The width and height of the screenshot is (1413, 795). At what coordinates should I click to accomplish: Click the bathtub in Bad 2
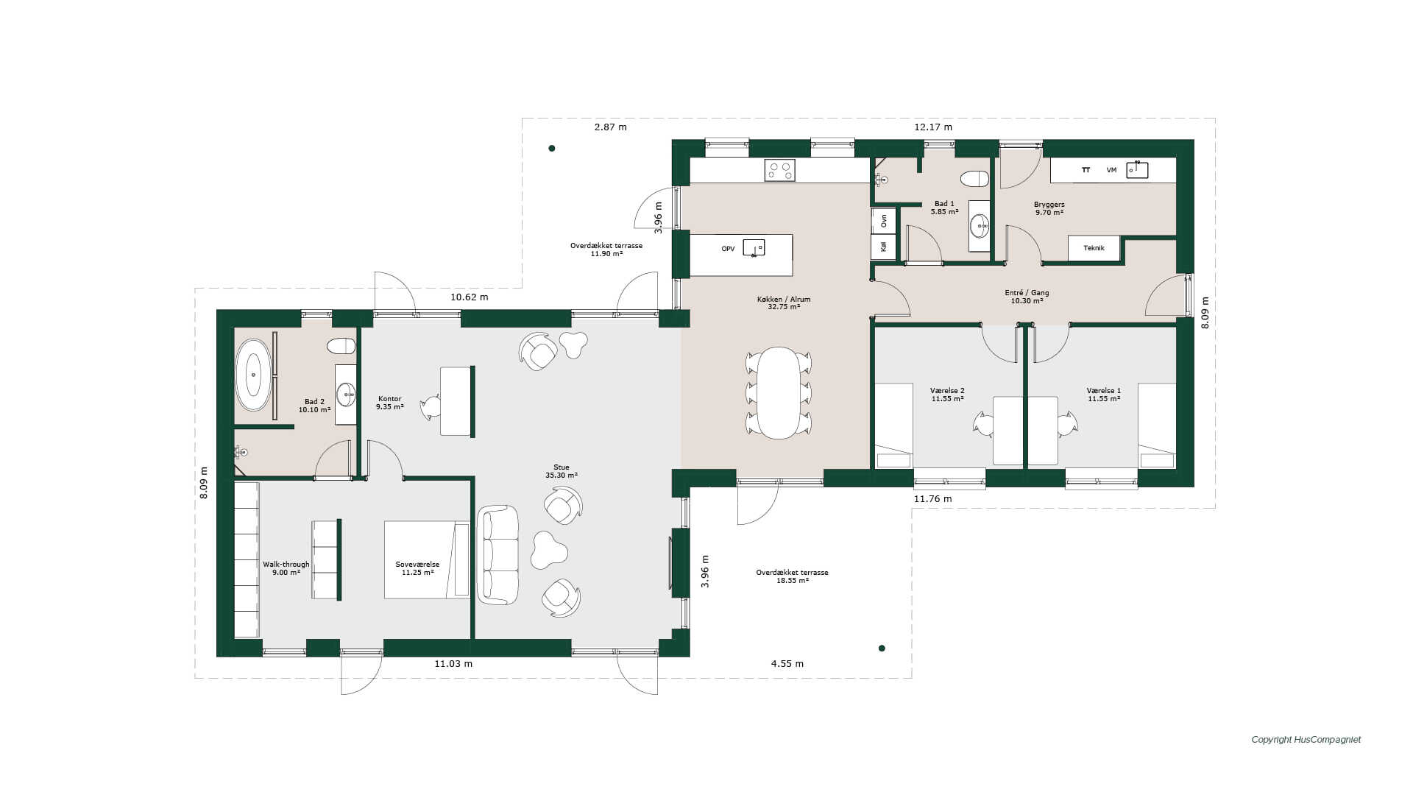(x=253, y=375)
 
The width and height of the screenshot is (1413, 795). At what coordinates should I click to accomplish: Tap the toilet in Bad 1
(x=974, y=179)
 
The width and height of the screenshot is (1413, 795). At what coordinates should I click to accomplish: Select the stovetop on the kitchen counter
(x=779, y=171)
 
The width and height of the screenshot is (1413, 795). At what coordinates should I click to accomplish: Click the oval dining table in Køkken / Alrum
(x=779, y=393)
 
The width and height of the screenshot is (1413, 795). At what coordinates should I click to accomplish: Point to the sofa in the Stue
(x=497, y=554)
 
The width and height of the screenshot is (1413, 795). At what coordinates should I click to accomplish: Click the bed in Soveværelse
(x=427, y=560)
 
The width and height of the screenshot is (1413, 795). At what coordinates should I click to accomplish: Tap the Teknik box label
(x=1094, y=248)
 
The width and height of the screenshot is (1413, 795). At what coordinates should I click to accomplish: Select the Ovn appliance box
(x=884, y=220)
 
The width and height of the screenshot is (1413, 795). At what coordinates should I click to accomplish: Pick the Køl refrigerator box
(x=884, y=247)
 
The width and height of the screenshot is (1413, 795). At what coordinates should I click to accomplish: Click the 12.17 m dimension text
(x=933, y=127)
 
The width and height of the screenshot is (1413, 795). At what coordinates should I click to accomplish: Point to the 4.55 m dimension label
(x=787, y=664)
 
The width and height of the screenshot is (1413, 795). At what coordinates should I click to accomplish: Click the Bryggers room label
(x=1049, y=205)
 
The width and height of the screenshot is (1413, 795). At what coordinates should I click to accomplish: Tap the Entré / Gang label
(x=1027, y=293)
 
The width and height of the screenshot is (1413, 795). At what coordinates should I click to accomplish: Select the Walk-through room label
(x=286, y=565)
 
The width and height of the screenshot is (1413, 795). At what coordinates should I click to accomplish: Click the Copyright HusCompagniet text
(x=1306, y=740)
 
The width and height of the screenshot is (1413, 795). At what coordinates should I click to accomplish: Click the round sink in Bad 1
(x=980, y=226)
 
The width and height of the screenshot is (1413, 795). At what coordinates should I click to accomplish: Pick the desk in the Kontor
(x=456, y=401)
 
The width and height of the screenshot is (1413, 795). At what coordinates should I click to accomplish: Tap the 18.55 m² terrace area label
(x=793, y=581)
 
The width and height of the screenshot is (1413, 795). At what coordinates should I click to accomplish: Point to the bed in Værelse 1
(x=1157, y=425)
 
